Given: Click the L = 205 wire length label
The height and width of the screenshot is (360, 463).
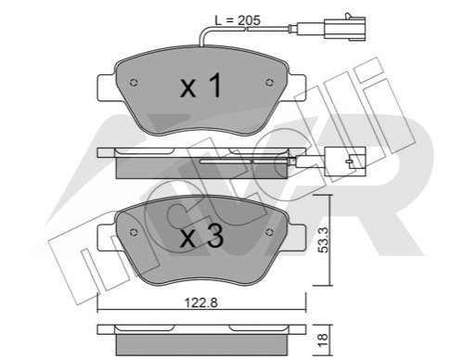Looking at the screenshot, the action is pos(238,20).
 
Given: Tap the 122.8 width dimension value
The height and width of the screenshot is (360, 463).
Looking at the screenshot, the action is pos(201,302).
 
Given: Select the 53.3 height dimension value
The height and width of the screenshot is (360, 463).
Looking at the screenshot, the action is pos(324,239).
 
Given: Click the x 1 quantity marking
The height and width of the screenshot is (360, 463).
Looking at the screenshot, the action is pos(201,85).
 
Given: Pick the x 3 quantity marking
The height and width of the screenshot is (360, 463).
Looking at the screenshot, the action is pos(202,237).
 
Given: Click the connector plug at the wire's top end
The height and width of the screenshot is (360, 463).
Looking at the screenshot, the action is pos(344,28).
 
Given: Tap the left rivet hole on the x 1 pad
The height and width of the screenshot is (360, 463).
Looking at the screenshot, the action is pos(134,83).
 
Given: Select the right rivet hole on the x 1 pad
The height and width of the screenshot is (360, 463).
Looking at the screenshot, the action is pos(269,83).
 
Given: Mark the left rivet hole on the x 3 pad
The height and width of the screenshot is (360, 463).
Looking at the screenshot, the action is pos(134,232).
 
